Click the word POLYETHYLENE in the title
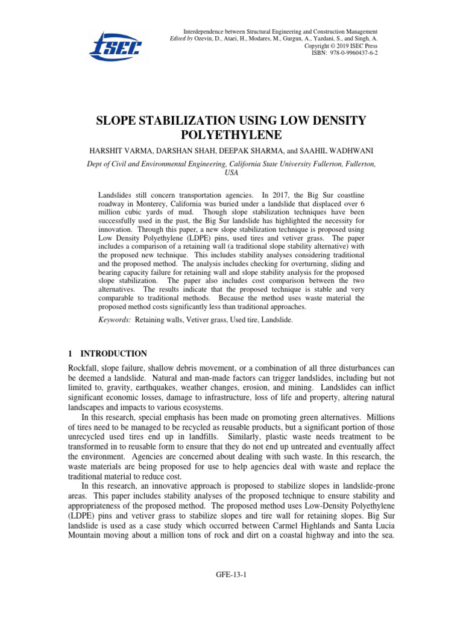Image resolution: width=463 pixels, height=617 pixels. point(231,137)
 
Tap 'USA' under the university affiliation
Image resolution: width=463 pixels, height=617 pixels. point(231,172)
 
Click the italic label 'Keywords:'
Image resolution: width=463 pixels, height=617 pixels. point(115,321)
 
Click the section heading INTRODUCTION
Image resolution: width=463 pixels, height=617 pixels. point(114,354)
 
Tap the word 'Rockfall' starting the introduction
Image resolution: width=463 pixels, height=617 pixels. point(84,368)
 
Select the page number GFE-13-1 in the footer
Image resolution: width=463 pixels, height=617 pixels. point(231,575)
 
